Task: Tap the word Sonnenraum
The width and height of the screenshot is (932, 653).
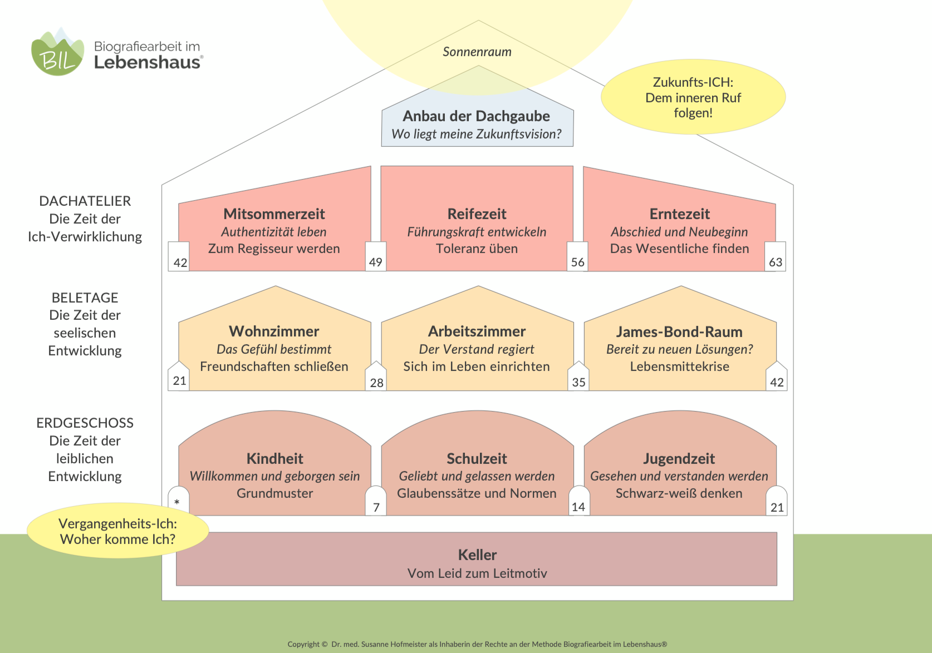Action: [477, 52]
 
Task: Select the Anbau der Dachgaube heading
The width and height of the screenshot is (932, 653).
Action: [477, 116]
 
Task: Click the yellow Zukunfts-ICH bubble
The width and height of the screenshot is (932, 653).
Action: [693, 97]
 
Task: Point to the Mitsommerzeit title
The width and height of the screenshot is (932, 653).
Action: [274, 214]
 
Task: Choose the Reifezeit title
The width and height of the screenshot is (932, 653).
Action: [477, 214]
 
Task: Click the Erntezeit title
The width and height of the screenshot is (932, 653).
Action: [679, 214]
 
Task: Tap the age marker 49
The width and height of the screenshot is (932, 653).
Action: [375, 263]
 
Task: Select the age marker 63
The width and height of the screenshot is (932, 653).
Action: [776, 263]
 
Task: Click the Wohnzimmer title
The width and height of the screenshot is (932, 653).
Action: [274, 332]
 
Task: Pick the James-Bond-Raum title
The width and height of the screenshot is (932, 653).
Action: [679, 332]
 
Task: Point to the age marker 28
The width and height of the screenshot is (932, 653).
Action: [376, 383]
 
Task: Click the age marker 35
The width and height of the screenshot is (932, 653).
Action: [579, 383]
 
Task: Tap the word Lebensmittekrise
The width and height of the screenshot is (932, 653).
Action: [679, 367]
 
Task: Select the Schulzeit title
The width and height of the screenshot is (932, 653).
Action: [477, 458]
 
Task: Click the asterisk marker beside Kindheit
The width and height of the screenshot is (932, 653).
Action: [177, 502]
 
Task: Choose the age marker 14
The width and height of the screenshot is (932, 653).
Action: [578, 507]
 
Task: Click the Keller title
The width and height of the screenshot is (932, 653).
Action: [477, 555]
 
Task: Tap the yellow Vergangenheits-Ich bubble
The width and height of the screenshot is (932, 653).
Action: [117, 531]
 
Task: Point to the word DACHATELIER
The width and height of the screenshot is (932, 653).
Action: [85, 201]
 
